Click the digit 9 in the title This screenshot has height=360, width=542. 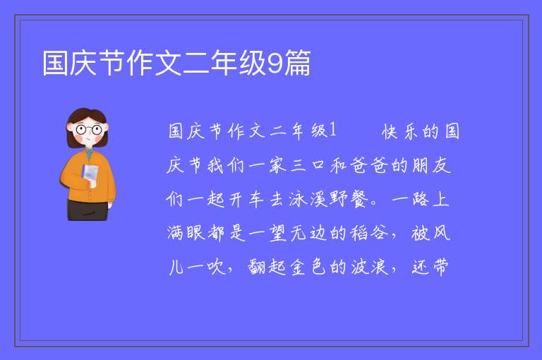275,64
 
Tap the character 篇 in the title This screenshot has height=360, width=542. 297,63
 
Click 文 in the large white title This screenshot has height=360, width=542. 168,63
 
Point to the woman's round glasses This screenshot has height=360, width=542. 89,130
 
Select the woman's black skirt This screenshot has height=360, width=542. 88,210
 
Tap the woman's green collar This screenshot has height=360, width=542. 90,154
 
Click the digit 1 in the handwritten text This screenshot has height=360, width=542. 333,131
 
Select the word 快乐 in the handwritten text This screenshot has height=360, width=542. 400,132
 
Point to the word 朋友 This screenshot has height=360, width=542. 431,165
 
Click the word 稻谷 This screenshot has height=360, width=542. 369,233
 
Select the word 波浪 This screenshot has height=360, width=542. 369,268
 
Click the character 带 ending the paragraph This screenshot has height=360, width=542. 440,268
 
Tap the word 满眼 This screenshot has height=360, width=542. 186,233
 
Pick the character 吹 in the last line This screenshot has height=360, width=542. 217,268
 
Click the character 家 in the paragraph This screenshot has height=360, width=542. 278,165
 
